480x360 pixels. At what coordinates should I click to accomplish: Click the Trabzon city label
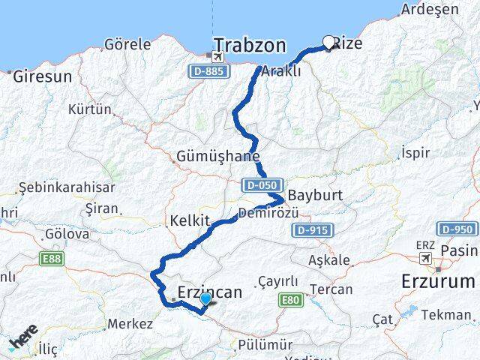[x=250, y=46]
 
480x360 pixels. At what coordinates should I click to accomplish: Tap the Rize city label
[x=346, y=43]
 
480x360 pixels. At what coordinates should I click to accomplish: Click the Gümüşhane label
[x=218, y=157]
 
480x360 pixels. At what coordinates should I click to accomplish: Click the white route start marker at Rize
[x=328, y=43]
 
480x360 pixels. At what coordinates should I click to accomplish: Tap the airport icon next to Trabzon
[x=218, y=56]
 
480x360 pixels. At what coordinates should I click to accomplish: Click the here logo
[x=23, y=340]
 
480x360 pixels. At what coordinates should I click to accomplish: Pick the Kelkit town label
[x=184, y=223]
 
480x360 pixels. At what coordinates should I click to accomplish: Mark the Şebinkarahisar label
[x=67, y=187]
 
